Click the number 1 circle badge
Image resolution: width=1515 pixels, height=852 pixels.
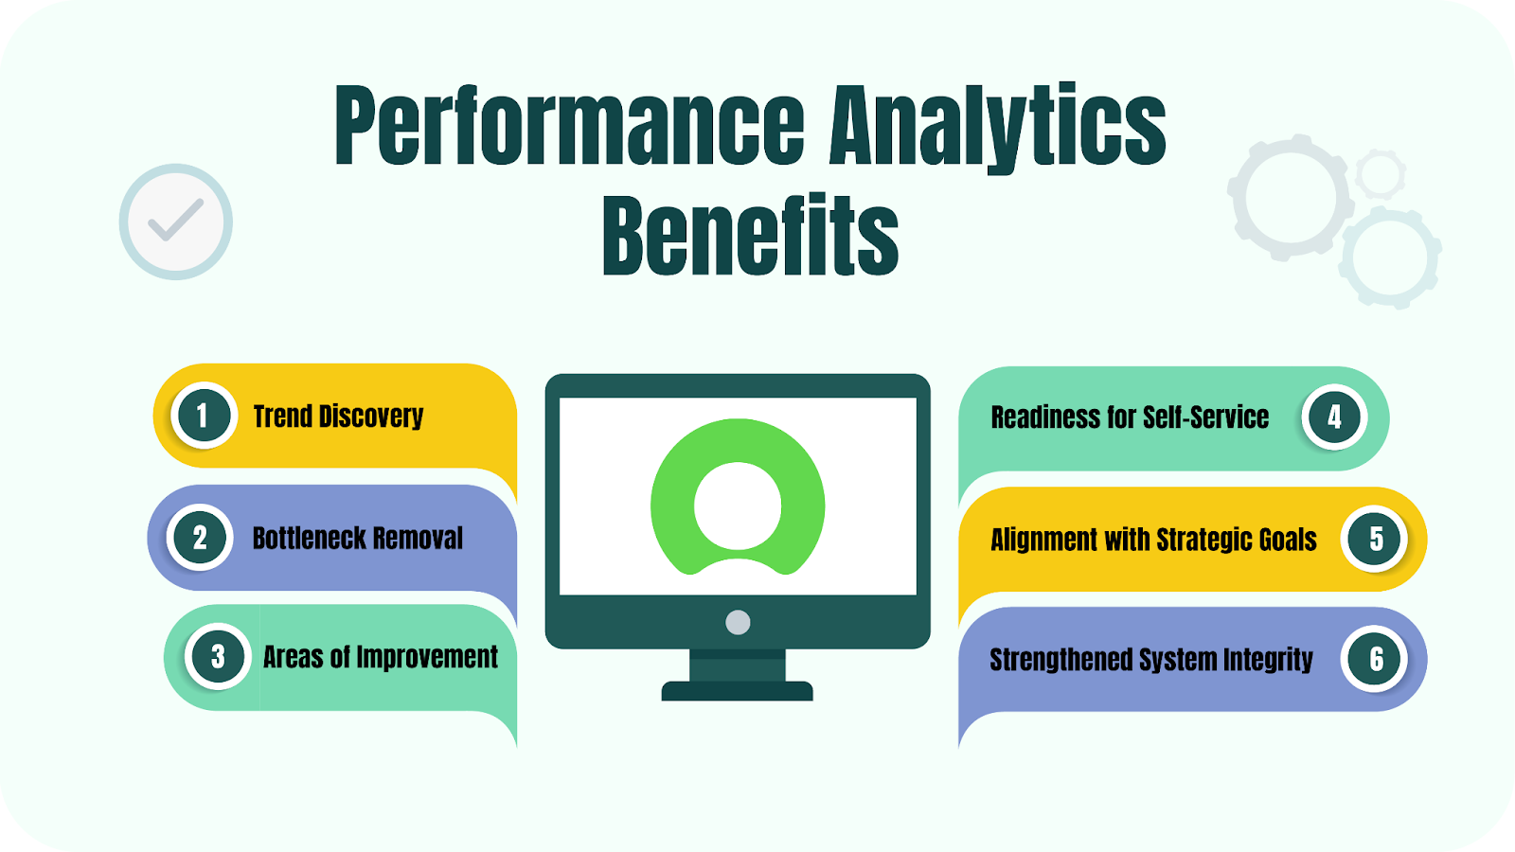click(203, 416)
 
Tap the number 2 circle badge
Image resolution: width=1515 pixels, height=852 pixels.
click(200, 538)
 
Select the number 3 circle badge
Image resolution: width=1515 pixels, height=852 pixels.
click(218, 656)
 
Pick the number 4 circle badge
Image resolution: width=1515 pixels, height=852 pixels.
click(1334, 417)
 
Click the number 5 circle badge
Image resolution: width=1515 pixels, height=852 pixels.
click(1376, 539)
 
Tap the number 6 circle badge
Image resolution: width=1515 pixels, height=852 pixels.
click(1376, 659)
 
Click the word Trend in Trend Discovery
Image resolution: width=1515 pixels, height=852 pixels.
click(282, 417)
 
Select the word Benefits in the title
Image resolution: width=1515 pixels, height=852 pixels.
click(750, 236)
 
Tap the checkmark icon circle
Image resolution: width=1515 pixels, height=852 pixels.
click(176, 222)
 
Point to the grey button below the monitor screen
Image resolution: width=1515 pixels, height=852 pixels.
click(738, 622)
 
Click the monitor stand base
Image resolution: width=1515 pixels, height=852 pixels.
click(737, 691)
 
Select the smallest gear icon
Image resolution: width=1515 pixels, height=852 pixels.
click(1380, 174)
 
